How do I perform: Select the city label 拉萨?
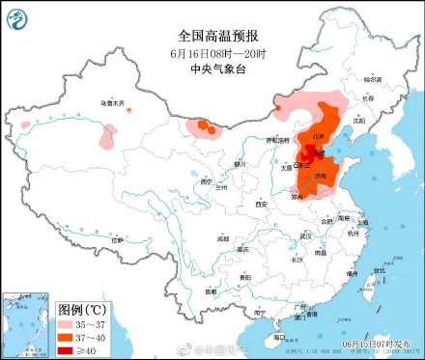click(x=116, y=239)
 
